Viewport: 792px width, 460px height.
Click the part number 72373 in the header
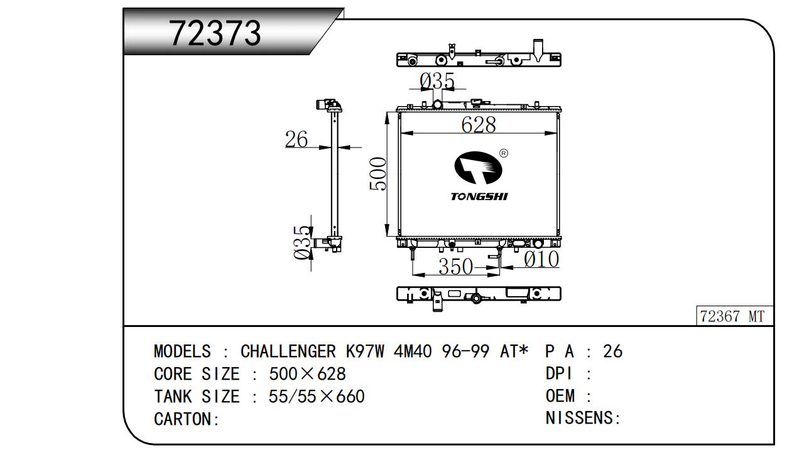tap(215, 33)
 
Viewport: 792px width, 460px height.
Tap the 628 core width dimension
tap(479, 124)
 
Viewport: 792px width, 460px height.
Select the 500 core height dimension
tap(377, 174)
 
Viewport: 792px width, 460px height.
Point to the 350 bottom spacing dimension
tap(455, 266)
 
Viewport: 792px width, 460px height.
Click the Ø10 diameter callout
tap(541, 259)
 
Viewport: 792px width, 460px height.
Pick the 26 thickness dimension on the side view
tap(296, 139)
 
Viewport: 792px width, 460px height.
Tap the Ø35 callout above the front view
tap(437, 81)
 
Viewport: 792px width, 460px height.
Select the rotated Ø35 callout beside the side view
tap(303, 242)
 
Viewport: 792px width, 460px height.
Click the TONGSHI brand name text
tap(479, 196)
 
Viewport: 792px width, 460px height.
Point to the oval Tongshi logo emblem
tap(478, 168)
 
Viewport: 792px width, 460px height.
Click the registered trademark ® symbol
tap(504, 153)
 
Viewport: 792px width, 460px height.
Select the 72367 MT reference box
tap(734, 316)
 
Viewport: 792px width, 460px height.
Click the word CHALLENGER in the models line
tap(288, 351)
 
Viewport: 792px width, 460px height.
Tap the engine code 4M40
tap(412, 351)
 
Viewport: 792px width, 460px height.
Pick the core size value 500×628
tap(307, 374)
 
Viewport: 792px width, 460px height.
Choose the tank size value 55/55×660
tap(317, 397)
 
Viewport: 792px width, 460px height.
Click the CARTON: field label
tap(187, 419)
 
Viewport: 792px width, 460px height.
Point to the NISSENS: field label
tap(583, 418)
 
